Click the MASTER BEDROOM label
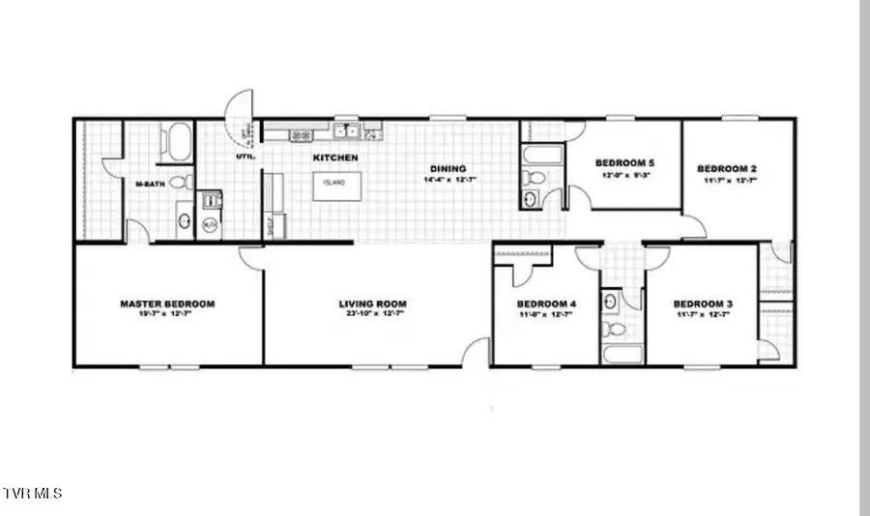(167, 303)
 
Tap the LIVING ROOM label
(371, 303)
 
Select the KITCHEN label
(334, 158)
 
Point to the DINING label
(449, 168)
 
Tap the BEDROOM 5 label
(623, 162)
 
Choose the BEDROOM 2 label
(726, 169)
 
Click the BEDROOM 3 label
(702, 303)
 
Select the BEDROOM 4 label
(545, 303)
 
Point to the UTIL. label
(246, 157)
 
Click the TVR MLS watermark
(33, 493)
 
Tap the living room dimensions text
(371, 314)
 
